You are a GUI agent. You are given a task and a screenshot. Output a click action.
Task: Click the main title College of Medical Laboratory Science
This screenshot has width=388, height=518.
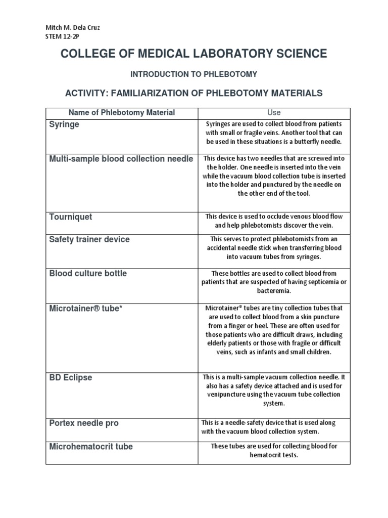tap(193, 54)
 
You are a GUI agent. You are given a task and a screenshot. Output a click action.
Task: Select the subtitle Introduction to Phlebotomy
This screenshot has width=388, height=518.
tap(193, 74)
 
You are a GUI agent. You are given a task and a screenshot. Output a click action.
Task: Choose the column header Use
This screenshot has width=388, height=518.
tap(274, 112)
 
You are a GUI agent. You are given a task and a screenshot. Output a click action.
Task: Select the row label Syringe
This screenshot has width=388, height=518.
tap(64, 124)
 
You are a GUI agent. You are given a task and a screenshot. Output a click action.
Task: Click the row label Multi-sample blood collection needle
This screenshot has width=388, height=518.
tap(121, 159)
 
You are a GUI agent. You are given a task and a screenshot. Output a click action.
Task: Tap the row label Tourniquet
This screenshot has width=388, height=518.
tap(71, 217)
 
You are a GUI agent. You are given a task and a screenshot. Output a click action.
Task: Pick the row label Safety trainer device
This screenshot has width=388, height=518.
tap(89, 240)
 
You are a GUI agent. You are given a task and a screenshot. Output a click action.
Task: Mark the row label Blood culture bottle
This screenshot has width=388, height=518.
tap(88, 274)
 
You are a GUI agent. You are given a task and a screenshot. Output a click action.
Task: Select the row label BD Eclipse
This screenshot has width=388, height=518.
tap(71, 378)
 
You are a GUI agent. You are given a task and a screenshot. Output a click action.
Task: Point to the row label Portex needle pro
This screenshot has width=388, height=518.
tap(84, 423)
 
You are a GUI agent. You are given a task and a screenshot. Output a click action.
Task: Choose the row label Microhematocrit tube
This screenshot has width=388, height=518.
tap(91, 447)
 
